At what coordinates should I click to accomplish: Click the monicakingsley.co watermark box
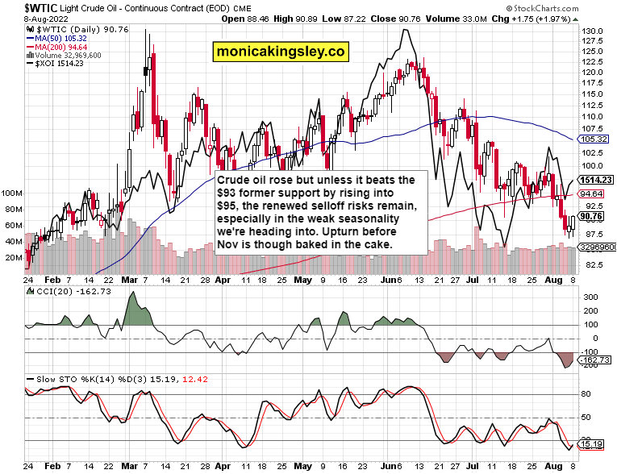tap(280, 52)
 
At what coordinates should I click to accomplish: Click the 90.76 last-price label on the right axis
tap(591, 216)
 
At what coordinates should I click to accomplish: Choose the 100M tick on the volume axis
tap(11, 193)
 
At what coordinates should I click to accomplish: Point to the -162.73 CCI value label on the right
tap(595, 360)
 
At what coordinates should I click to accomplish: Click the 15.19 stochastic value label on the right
tap(591, 444)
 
